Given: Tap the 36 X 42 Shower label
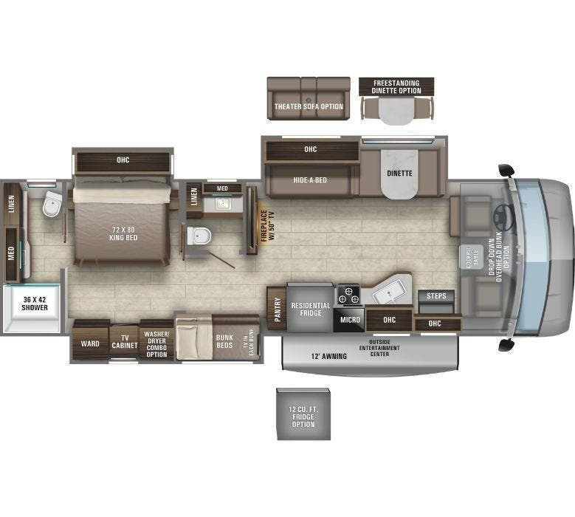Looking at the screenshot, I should (x=35, y=303).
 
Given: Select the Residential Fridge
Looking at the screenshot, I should (x=310, y=309).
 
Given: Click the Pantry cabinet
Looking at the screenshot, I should (x=275, y=308).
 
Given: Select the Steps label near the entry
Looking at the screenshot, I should (x=436, y=296).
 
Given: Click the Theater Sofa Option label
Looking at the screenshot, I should (x=309, y=106).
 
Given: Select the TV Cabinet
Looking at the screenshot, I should (x=124, y=342).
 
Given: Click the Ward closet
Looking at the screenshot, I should (x=90, y=343).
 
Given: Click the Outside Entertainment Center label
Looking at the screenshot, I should (x=381, y=350).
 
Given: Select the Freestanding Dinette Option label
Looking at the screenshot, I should (x=396, y=86).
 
